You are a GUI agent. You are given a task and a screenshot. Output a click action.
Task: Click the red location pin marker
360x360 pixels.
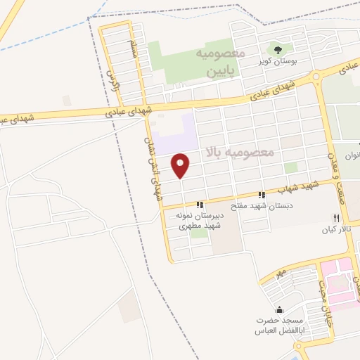point(181,165)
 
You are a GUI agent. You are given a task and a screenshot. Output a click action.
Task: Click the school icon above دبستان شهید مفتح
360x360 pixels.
point(262,195)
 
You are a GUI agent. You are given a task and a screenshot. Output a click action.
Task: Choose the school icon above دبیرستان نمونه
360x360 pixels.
point(200,205)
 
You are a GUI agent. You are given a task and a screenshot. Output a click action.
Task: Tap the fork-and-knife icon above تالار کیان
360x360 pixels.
point(336,218)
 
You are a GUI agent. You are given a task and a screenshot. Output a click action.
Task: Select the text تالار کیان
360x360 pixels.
point(336,230)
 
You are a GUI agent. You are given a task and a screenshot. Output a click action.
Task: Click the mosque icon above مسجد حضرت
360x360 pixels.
point(280,310)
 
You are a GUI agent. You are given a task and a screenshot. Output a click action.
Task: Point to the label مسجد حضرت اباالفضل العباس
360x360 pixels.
point(280,326)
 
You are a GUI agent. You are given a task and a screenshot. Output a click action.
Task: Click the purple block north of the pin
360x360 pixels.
point(176,135)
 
